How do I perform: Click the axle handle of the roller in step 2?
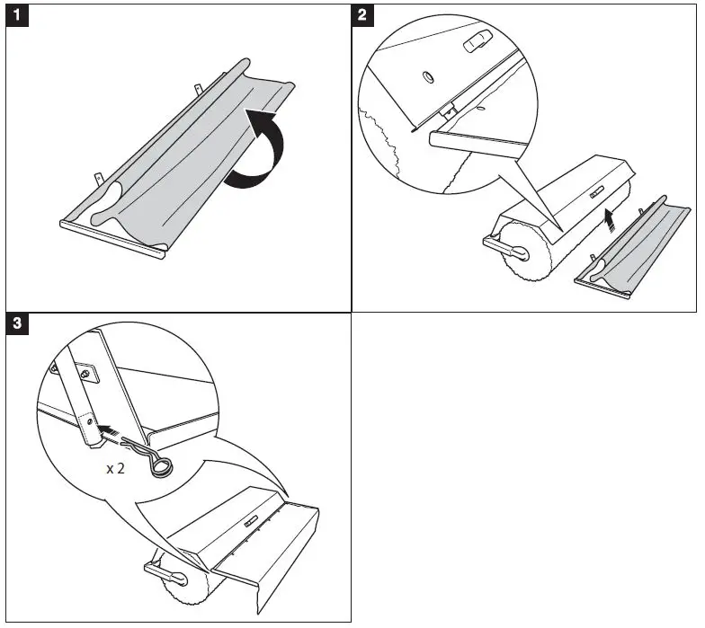[x=497, y=243]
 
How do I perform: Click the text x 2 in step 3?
[x=116, y=468]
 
